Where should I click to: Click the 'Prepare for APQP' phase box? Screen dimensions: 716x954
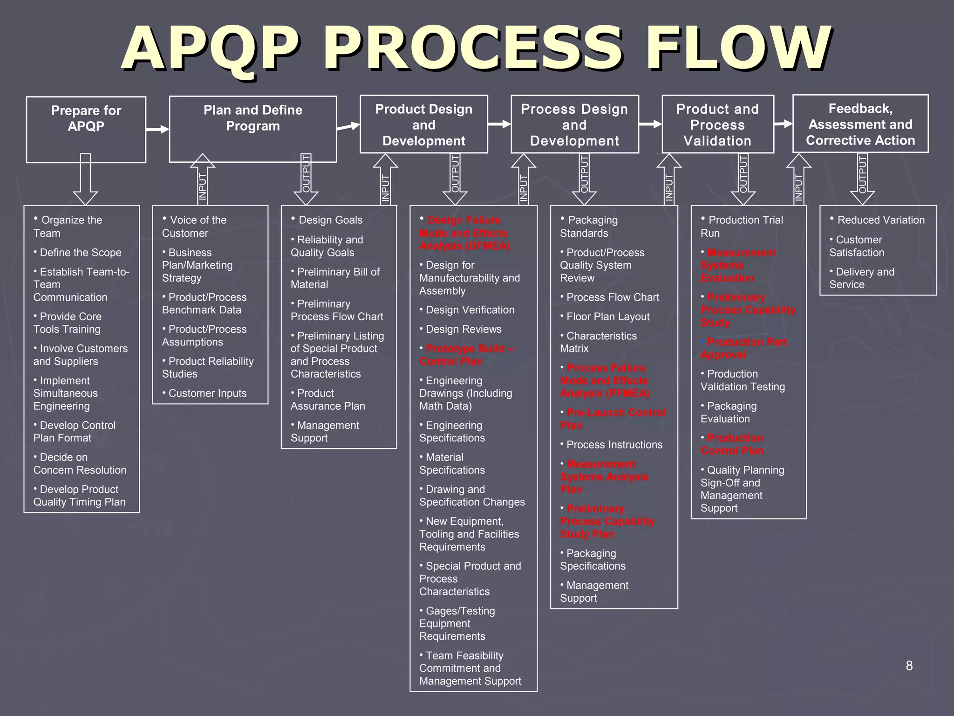[86, 129]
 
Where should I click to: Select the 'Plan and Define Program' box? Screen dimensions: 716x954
[252, 129]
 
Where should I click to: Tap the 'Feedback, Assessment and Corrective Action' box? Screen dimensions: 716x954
[860, 124]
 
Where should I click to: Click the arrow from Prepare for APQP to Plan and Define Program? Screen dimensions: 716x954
[157, 129]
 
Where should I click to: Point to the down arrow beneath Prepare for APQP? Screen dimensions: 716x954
[85, 179]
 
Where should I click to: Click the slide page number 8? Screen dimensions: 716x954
[909, 666]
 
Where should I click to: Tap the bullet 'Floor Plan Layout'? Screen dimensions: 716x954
[607, 317]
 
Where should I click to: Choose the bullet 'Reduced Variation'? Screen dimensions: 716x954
[880, 220]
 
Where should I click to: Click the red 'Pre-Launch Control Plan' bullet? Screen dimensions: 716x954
[613, 419]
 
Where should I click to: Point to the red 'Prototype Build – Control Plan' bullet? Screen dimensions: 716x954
[466, 355]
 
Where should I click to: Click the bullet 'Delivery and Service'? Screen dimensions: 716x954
[862, 278]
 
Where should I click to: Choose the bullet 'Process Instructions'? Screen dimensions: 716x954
[614, 445]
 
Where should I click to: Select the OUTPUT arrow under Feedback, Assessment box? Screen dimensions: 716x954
[862, 179]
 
